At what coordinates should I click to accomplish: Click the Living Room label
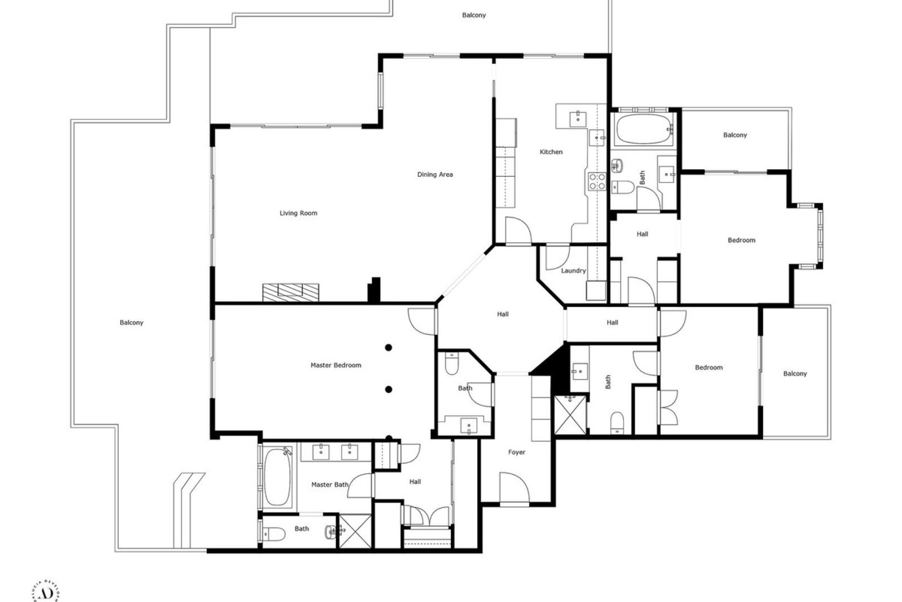pos(298,213)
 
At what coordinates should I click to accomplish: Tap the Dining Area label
pos(435,174)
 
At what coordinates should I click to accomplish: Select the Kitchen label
pos(551,152)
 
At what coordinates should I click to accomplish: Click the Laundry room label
pos(573,270)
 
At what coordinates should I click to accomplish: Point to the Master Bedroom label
pos(335,365)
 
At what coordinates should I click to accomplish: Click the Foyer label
pos(516,452)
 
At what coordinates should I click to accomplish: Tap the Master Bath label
pos(330,484)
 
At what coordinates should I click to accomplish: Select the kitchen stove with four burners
pos(597,182)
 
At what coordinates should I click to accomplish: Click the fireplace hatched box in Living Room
pos(290,292)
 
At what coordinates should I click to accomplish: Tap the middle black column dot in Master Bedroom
pos(389,389)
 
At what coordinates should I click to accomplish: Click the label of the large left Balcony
pos(131,323)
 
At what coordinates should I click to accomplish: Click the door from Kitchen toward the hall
pos(518,231)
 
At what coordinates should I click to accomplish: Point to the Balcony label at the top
pos(474,15)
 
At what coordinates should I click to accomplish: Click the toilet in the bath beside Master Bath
pos(275,533)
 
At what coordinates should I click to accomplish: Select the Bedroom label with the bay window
pos(741,240)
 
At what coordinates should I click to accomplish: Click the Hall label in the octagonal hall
pos(503,314)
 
